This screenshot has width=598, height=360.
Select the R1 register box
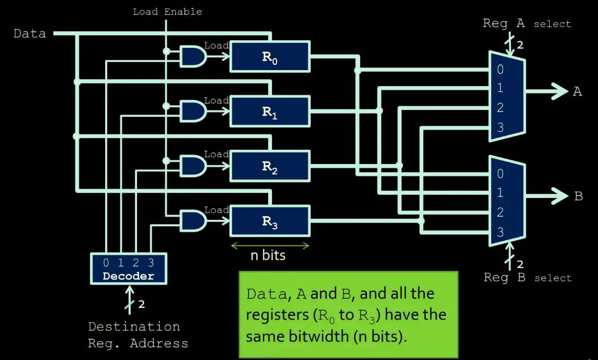(x=269, y=112)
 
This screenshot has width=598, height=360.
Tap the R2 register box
(x=269, y=166)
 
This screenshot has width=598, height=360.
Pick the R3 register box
(x=269, y=221)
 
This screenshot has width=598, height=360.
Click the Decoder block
(x=128, y=269)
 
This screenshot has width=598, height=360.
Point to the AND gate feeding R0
(x=193, y=56)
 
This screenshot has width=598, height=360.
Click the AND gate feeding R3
(x=193, y=220)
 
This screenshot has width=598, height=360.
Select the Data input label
(x=30, y=34)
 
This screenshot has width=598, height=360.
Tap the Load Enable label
(x=167, y=11)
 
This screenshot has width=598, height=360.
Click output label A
(x=577, y=92)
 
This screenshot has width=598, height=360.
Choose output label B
(x=578, y=196)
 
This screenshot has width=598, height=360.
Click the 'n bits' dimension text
(x=268, y=255)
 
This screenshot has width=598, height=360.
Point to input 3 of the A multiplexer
(x=500, y=127)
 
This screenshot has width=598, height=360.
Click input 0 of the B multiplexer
(x=500, y=174)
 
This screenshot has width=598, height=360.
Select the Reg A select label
(x=526, y=24)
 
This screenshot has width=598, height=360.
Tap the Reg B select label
(x=527, y=278)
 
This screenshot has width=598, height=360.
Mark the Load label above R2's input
(x=216, y=154)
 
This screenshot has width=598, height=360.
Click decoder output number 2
(x=136, y=263)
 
